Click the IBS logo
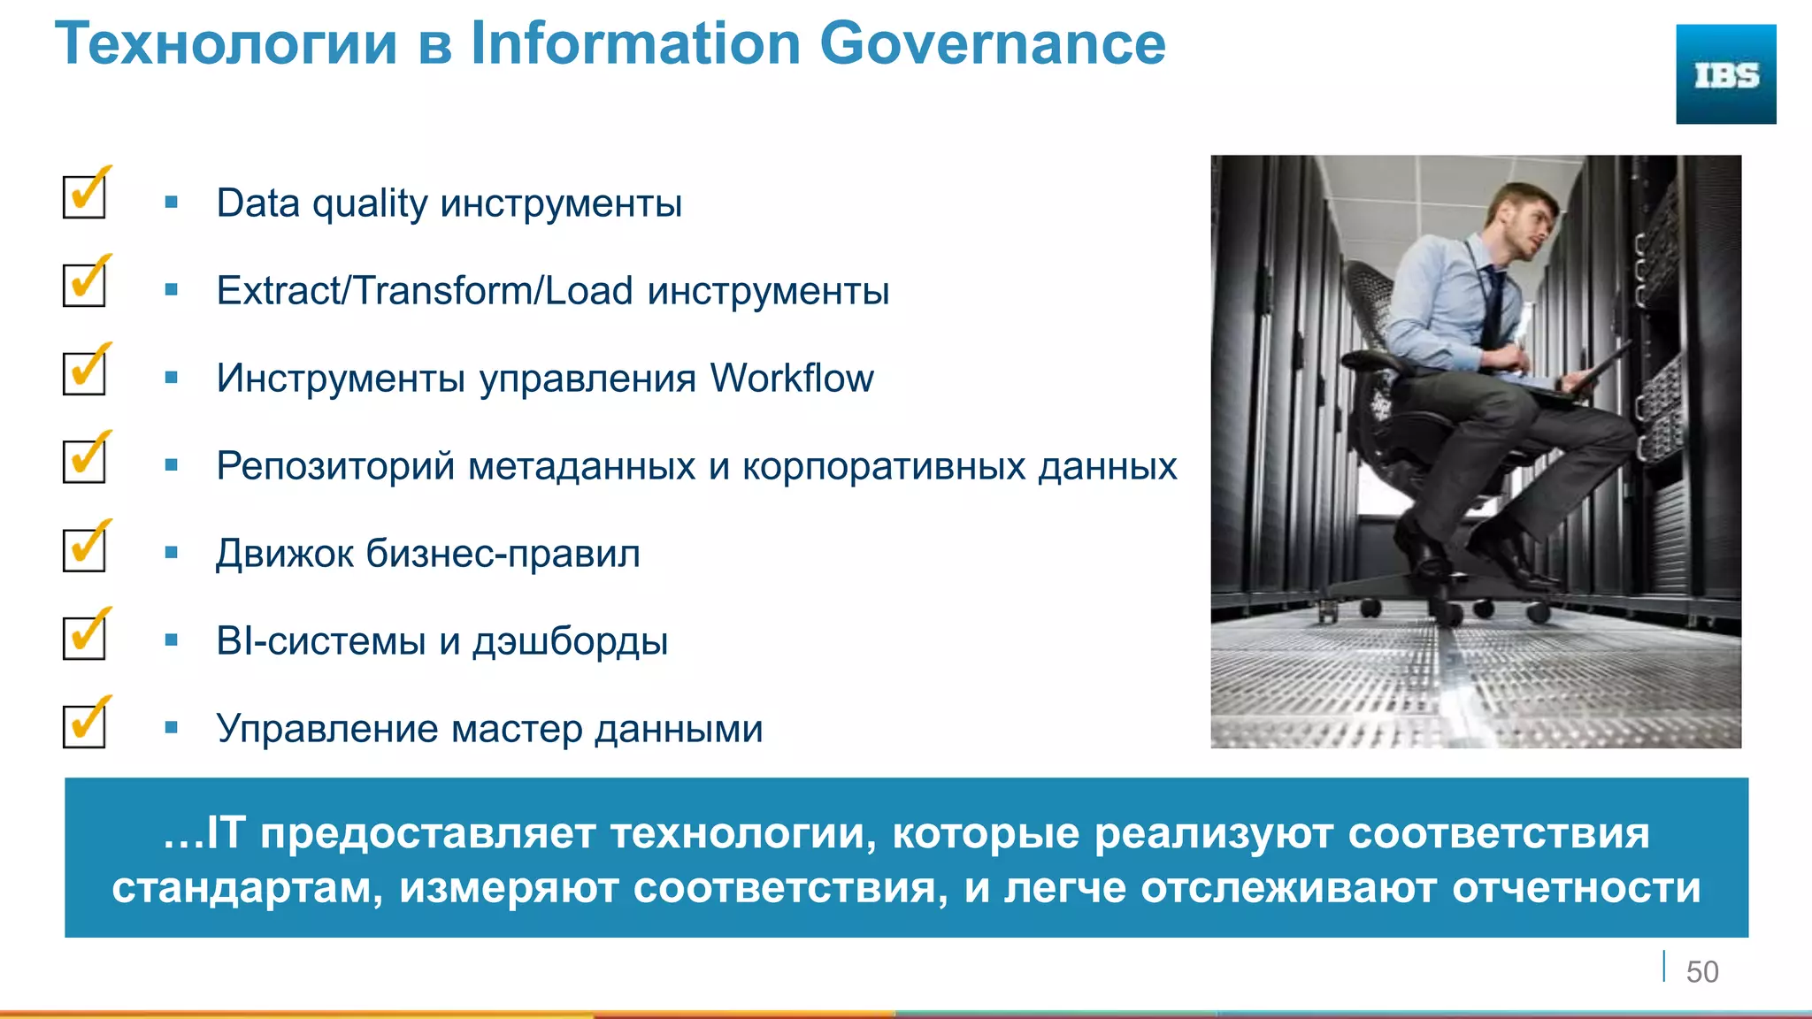pos(1725,74)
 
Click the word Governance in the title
pos(992,43)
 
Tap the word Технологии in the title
pos(226,43)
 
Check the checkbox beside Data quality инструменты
pos(85,196)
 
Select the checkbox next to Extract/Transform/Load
pos(85,284)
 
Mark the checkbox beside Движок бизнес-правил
pos(85,548)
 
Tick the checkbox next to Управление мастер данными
pos(85,724)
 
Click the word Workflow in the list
pos(791,379)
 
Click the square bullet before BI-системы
pos(172,640)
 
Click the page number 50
pos(1701,972)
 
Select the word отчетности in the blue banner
pos(1576,888)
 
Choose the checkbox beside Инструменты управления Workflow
pos(85,372)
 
